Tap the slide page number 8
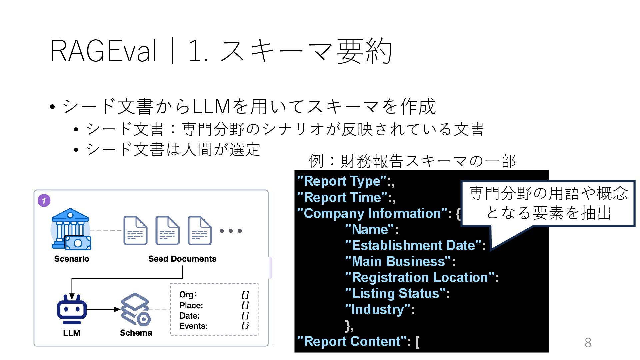tap(588, 343)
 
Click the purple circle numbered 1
tap(44, 201)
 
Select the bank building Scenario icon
tap(71, 229)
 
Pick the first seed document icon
tap(135, 231)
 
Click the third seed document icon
tap(200, 231)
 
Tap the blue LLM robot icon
tap(72, 309)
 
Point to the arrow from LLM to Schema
tap(103, 309)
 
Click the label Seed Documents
tap(182, 259)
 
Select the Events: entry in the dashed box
tap(193, 326)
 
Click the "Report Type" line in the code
tap(346, 181)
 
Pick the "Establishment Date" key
tap(415, 246)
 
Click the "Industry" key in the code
tap(379, 310)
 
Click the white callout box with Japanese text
tap(548, 203)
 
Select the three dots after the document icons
tap(231, 231)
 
